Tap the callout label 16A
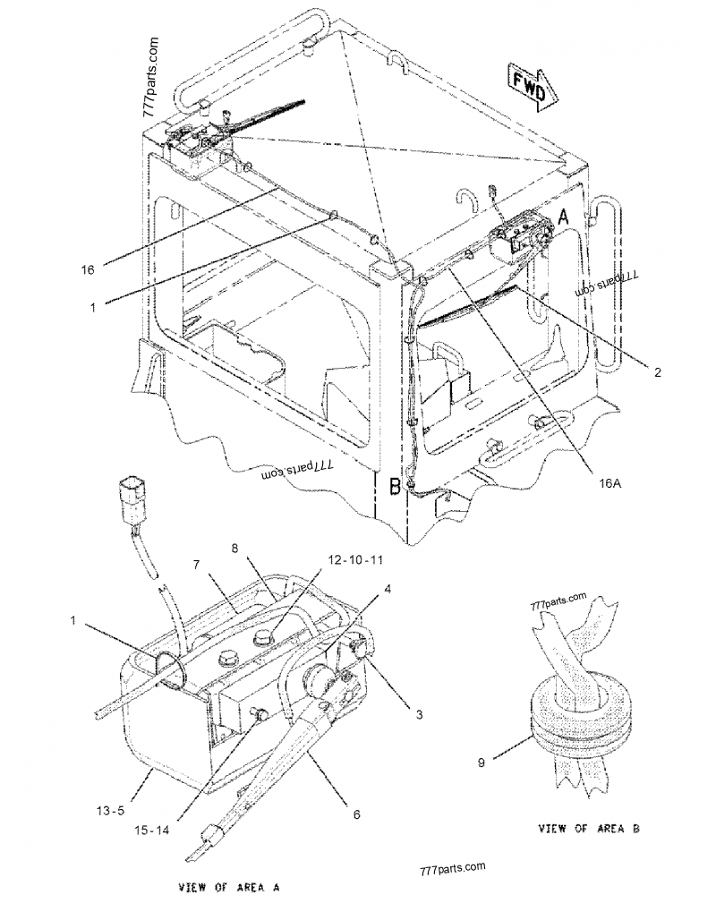click(x=609, y=482)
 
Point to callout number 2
click(x=657, y=372)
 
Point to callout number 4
click(x=387, y=590)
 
